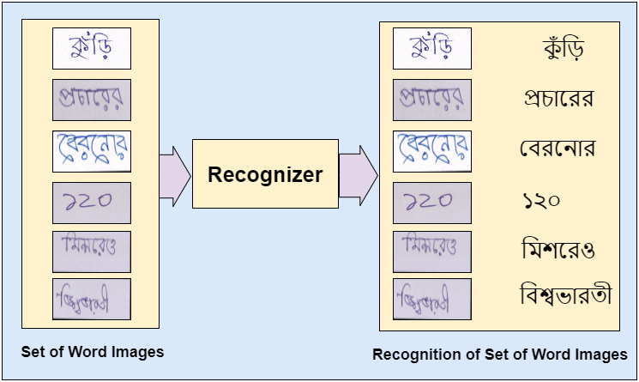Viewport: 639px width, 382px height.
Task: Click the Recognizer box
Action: pos(265,175)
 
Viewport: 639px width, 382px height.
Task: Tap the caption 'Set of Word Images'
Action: pos(92,351)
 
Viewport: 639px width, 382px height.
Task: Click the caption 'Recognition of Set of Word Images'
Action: pos(499,355)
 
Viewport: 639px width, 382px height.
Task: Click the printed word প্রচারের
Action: pos(558,98)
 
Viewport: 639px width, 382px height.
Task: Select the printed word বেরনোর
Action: pos(558,149)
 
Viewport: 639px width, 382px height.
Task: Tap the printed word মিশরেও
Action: pos(558,250)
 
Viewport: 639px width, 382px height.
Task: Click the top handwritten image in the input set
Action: pos(91,49)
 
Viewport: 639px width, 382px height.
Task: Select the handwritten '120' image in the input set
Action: pos(91,202)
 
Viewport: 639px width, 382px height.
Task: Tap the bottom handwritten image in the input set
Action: pos(91,299)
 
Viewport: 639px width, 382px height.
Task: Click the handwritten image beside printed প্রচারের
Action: pos(433,100)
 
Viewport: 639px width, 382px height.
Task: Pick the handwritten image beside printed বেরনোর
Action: pos(433,150)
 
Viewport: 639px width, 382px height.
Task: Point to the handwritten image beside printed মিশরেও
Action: pos(433,251)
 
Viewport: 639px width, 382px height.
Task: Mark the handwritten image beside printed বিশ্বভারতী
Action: pos(433,299)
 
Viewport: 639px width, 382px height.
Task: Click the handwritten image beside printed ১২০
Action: pos(433,202)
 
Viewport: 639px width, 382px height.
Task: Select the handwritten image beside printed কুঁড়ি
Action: pos(433,49)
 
